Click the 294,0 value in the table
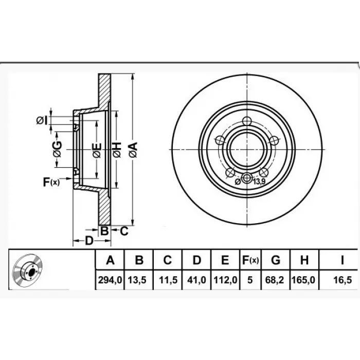pos(110,280)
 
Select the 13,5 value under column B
pos(137,280)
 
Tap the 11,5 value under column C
pos(169,280)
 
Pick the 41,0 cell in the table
pos(197,280)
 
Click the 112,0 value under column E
pos(225,280)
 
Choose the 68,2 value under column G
pos(275,280)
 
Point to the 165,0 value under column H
pos(303,280)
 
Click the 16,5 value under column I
pos(343,280)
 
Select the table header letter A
pos(110,260)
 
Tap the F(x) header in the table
pos(250,260)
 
